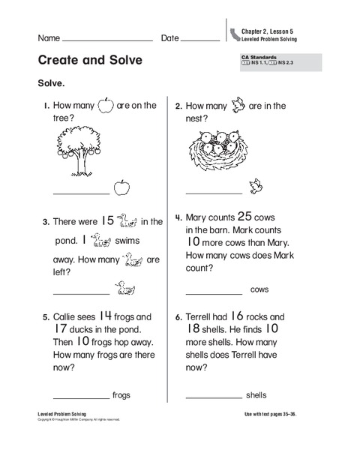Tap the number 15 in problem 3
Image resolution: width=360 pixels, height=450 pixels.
[x=107, y=220]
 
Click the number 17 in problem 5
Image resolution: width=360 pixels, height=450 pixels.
[x=61, y=329]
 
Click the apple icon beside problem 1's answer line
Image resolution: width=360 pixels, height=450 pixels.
[x=121, y=187]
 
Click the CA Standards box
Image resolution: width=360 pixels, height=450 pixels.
[x=281, y=61]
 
